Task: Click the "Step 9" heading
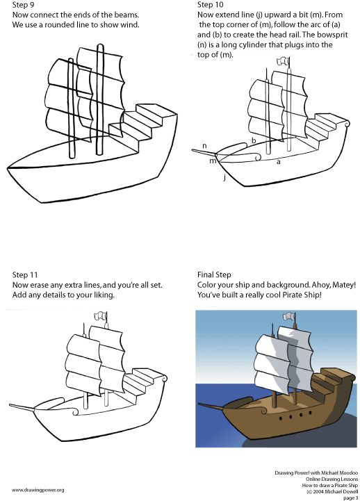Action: pos(23,5)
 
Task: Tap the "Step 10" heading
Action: pos(210,5)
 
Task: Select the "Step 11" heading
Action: pos(25,274)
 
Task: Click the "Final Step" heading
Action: pos(214,274)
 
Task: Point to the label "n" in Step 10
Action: pos(204,146)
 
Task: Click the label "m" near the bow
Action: pos(213,161)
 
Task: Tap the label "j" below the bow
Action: pos(225,177)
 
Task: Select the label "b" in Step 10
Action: pos(254,140)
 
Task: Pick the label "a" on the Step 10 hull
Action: pos(278,162)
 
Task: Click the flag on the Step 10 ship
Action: pos(283,61)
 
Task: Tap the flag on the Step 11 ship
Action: pos(100,316)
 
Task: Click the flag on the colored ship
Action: pos(288,316)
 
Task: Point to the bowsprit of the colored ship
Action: pos(212,406)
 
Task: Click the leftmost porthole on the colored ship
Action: pos(281,418)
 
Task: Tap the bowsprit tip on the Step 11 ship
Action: pos(9,405)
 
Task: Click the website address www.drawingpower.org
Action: pos(38,490)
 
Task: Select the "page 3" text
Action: pos(350,498)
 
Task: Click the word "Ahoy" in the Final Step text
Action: pos(320,285)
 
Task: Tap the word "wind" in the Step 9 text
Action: pos(129,24)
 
